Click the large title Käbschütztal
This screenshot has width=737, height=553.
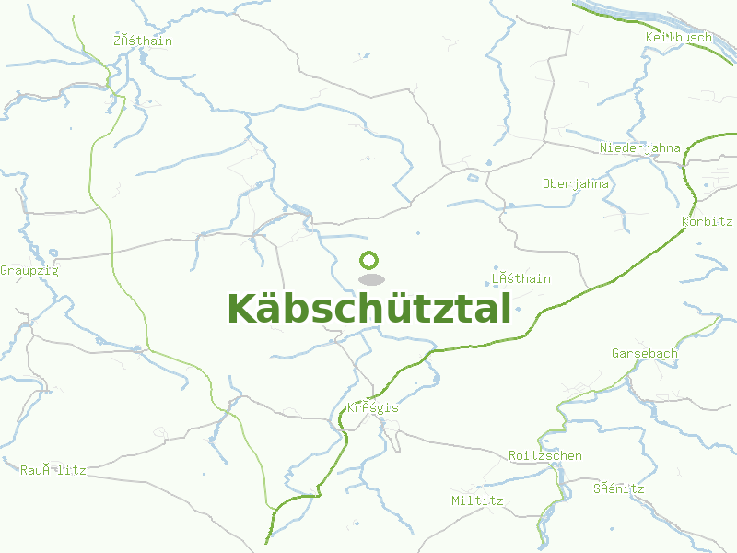tap(368, 309)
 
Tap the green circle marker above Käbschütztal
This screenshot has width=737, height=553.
tap(369, 261)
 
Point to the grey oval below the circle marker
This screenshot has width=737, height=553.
tap(370, 279)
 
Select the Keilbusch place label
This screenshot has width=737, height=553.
tap(679, 37)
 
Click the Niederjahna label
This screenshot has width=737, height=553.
tap(640, 147)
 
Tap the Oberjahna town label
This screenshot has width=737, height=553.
tap(576, 183)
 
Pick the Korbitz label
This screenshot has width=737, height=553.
tap(707, 222)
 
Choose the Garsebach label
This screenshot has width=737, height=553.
tap(645, 353)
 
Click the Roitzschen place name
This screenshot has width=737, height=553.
tap(545, 455)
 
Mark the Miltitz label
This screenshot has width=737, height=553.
tap(477, 500)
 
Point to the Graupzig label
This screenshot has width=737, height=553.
tap(29, 270)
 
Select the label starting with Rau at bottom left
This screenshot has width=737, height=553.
tap(53, 470)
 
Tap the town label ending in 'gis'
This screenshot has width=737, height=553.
tap(373, 407)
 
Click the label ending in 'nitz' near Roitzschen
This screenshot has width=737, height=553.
tap(619, 488)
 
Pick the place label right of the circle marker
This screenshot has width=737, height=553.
tap(521, 278)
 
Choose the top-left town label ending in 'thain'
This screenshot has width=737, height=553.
tap(143, 41)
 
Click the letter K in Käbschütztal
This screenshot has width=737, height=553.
tap(241, 309)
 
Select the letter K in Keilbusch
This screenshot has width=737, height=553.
tap(649, 37)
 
